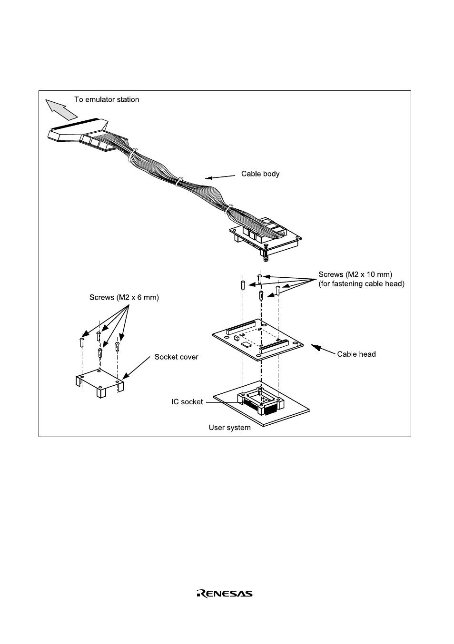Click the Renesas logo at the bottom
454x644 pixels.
[x=225, y=594]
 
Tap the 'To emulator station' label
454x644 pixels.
[x=107, y=99]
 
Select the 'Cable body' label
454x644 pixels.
[x=260, y=174]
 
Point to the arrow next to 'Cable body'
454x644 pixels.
[x=220, y=177]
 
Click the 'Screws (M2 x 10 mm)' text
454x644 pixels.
[x=355, y=274]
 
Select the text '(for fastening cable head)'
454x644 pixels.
[x=361, y=284]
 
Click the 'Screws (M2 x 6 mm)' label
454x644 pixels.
[x=124, y=297]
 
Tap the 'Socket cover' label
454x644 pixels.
[x=177, y=357]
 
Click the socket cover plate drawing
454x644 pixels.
[x=99, y=383]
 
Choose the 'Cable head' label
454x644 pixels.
[x=356, y=354]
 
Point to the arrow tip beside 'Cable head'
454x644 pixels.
[x=312, y=345]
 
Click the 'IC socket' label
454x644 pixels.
[x=187, y=401]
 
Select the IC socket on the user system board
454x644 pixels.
[x=260, y=401]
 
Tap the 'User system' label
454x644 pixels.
[x=229, y=428]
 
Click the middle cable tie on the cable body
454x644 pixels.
[x=178, y=182]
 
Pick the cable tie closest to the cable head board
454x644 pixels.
[x=229, y=209]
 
